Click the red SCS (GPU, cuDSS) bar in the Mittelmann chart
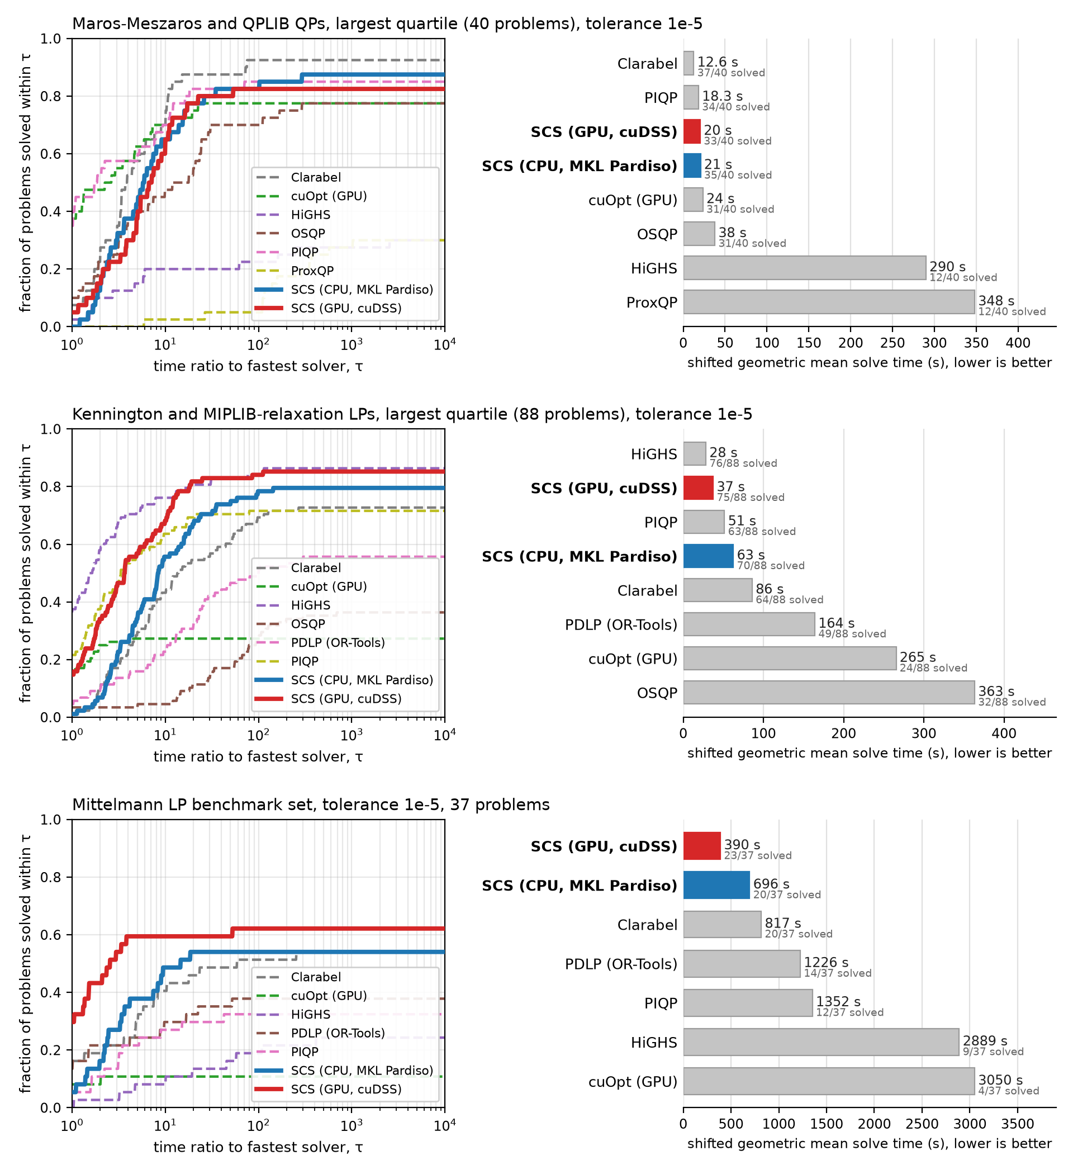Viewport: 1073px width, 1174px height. [x=701, y=846]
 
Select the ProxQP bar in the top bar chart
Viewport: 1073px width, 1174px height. [x=828, y=302]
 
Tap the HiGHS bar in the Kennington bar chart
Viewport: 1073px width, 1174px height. [x=695, y=453]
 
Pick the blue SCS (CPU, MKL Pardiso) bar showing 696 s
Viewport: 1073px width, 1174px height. [x=716, y=885]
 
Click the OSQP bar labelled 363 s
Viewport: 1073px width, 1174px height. [x=828, y=693]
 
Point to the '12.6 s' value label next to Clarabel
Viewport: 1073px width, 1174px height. [x=717, y=61]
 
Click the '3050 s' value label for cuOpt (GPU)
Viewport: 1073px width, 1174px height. [x=1000, y=1080]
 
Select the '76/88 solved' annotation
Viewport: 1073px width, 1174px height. [x=743, y=463]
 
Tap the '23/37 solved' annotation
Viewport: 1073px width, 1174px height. [x=757, y=855]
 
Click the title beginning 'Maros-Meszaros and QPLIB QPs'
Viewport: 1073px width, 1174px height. [x=387, y=24]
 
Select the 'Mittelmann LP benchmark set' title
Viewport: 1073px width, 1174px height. [x=311, y=805]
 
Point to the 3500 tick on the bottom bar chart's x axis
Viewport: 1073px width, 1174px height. [x=1018, y=1124]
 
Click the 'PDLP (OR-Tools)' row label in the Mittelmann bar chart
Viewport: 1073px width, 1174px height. [x=621, y=964]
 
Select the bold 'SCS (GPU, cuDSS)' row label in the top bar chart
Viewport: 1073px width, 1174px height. [x=604, y=132]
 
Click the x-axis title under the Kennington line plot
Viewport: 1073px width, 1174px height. [x=258, y=756]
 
